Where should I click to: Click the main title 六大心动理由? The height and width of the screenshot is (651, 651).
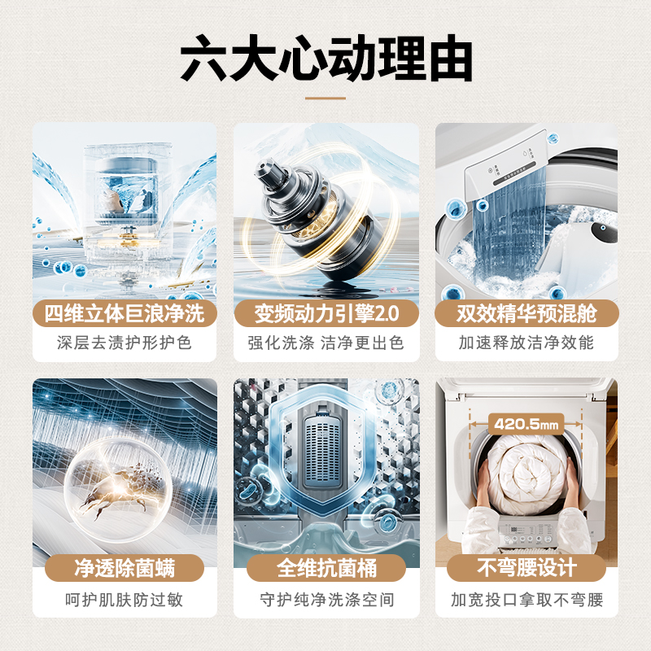(325, 59)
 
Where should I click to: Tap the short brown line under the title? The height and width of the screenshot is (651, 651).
(325, 98)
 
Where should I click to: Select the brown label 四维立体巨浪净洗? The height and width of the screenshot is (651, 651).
(125, 312)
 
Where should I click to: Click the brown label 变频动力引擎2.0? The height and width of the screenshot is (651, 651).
(325, 312)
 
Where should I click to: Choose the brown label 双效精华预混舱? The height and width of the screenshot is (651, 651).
(526, 312)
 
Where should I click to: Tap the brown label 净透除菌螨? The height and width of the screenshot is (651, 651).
(125, 567)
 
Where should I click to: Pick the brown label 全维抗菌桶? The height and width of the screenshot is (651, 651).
(325, 567)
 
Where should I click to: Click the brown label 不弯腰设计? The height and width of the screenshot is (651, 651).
(526, 567)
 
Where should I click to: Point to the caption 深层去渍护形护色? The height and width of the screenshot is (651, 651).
(125, 343)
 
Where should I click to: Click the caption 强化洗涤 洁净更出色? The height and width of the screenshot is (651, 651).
(325, 343)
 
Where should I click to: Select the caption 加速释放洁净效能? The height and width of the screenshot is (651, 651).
(526, 343)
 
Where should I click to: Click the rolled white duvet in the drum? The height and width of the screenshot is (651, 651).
(526, 476)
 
